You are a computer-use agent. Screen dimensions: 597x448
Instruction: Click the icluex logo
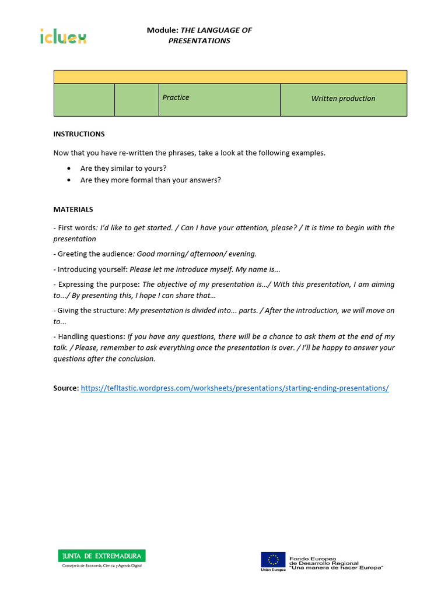[x=63, y=36]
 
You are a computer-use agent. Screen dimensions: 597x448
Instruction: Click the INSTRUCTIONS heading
[x=79, y=134]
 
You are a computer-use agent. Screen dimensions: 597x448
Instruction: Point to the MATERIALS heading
[x=73, y=209]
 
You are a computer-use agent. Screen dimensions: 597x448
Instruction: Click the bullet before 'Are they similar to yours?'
[x=69, y=168]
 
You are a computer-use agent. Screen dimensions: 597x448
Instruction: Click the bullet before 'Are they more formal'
[x=69, y=180]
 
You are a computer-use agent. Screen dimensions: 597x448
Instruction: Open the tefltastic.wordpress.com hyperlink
[x=235, y=388]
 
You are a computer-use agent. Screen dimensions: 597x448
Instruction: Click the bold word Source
[x=65, y=388]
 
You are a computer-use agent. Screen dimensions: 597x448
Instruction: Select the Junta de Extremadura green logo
[x=101, y=556]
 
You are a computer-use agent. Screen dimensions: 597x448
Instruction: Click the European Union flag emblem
[x=272, y=559]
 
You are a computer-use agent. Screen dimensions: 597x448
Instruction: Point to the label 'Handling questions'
[x=92, y=336]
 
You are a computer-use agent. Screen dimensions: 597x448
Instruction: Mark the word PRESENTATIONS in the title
[x=199, y=41]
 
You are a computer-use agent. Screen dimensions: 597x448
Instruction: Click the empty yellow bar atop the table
[x=230, y=77]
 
